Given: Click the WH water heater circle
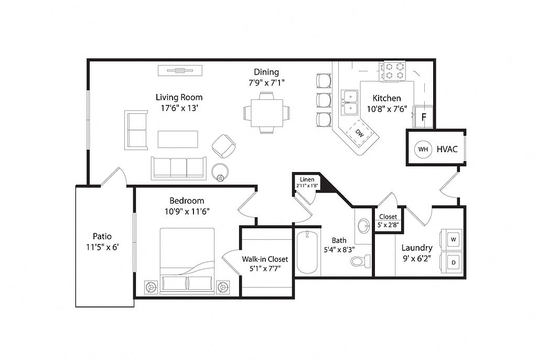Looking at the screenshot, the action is tap(423, 149).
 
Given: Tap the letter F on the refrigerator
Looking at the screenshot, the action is tap(424, 117).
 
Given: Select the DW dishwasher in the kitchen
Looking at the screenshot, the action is tap(359, 133).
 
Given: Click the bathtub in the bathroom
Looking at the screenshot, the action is tap(307, 252).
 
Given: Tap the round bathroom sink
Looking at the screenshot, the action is tap(363, 226).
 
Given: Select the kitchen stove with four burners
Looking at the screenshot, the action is tap(392, 71).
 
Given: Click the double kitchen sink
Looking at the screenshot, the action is tap(350, 102).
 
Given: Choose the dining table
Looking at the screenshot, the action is tap(267, 113).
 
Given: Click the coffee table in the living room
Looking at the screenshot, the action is tap(178, 140).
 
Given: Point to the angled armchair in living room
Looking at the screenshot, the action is tap(223, 146).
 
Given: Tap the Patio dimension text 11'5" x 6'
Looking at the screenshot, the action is tap(102, 247).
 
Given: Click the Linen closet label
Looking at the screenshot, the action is tap(307, 179).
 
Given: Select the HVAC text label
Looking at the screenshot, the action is tap(447, 149).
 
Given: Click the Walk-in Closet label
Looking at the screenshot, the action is tap(265, 259).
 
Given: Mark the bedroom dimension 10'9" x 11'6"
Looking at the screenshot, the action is tap(187, 211).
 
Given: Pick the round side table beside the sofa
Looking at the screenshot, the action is tap(220, 172).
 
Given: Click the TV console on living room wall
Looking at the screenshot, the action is tap(180, 71).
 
